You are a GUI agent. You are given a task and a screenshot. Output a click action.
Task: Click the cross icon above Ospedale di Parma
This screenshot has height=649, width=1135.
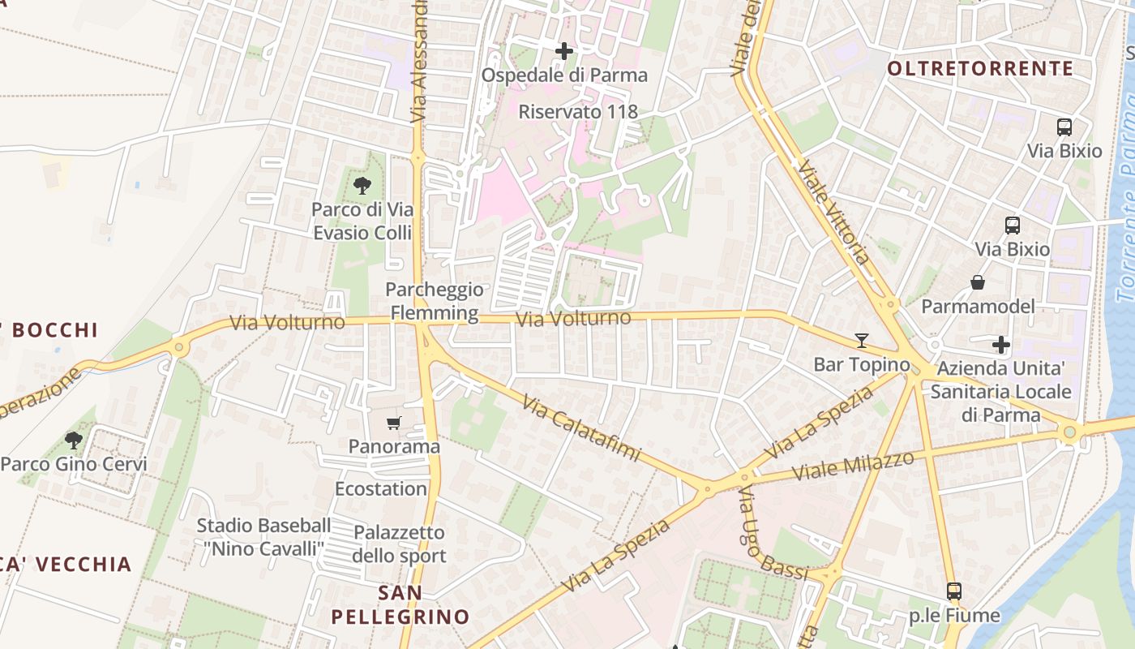point(564,51)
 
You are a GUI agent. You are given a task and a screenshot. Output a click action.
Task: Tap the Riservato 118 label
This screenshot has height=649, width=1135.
point(578,112)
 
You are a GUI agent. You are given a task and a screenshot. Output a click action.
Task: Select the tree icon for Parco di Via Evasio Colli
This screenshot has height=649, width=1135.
point(362,186)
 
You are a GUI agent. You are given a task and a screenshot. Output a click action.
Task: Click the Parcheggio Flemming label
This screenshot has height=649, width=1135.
point(435,301)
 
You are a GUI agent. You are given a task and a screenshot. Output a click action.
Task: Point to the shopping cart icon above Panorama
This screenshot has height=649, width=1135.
point(394,423)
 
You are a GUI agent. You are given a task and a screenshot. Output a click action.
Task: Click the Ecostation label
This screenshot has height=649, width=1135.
point(381,489)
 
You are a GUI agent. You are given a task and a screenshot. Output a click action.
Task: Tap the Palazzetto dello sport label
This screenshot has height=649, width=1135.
point(399,544)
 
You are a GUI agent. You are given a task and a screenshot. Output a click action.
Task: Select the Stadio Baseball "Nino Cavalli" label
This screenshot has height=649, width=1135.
point(264,537)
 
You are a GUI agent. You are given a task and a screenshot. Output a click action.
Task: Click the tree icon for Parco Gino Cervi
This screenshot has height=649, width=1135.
point(74,441)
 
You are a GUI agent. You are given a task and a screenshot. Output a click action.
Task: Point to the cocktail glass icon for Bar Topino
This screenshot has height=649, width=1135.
point(861,341)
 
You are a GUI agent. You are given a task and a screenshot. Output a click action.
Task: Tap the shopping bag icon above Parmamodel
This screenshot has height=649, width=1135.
point(978,282)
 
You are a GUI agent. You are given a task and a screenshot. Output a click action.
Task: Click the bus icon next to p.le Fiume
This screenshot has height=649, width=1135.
point(954,591)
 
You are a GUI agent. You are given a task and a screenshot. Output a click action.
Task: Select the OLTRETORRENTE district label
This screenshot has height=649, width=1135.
point(980,69)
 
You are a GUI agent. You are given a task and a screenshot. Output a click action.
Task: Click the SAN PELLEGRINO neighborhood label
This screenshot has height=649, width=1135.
point(400,604)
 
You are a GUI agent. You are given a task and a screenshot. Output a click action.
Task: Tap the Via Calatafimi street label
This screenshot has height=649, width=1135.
point(580,428)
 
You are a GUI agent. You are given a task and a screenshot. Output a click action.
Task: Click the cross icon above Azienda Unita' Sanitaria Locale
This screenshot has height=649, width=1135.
point(1001,345)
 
